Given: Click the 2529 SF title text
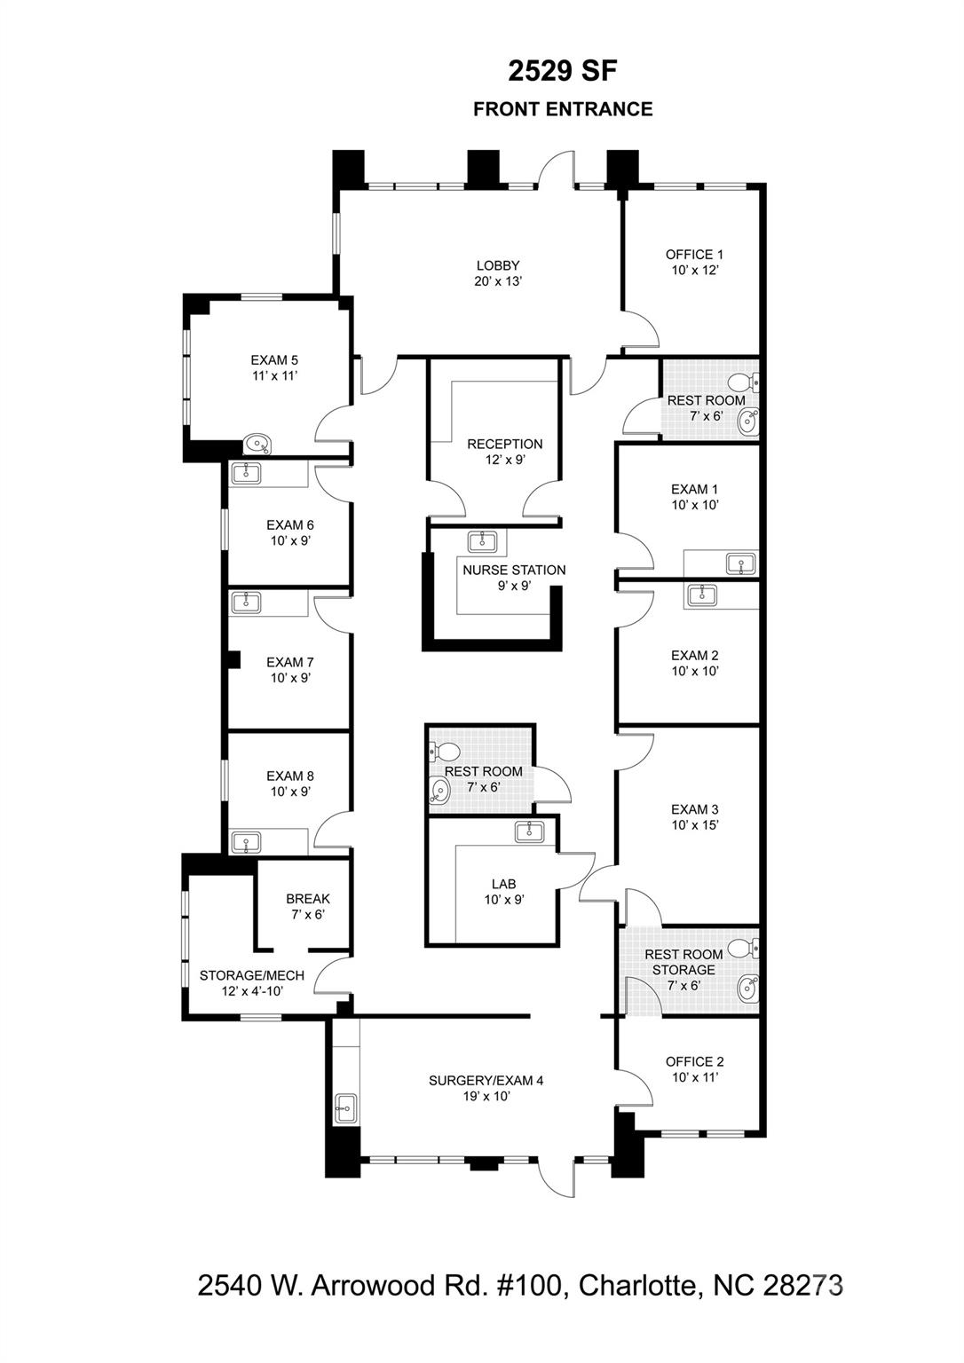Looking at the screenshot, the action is pos(563,72).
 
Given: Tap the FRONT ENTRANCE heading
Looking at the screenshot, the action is pos(563,109).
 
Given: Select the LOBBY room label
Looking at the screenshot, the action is pos(498,266).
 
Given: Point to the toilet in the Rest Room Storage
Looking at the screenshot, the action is pos(744,948).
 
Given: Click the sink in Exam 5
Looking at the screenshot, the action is pos(257,444).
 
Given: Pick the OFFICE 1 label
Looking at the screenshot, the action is pos(694,255).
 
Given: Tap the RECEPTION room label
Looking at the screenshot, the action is pos(504,445).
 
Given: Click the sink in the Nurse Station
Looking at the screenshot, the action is pos(482,540).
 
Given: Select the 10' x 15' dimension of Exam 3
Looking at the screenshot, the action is pos(695,825).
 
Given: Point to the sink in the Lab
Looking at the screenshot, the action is pos(529,831).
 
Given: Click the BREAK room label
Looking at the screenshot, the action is pos(308,899).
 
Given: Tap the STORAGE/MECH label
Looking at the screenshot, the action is pos(252,975).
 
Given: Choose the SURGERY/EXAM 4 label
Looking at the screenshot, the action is pos(486,1081).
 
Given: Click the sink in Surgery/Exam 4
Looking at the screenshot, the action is pos(345,1108).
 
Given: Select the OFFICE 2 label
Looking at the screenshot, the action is pos(694,1062).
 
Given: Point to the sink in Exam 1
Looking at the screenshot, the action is pos(741,563).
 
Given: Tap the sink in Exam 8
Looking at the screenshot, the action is pos(246,843).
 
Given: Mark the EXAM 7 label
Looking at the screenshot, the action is pos(289,662).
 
